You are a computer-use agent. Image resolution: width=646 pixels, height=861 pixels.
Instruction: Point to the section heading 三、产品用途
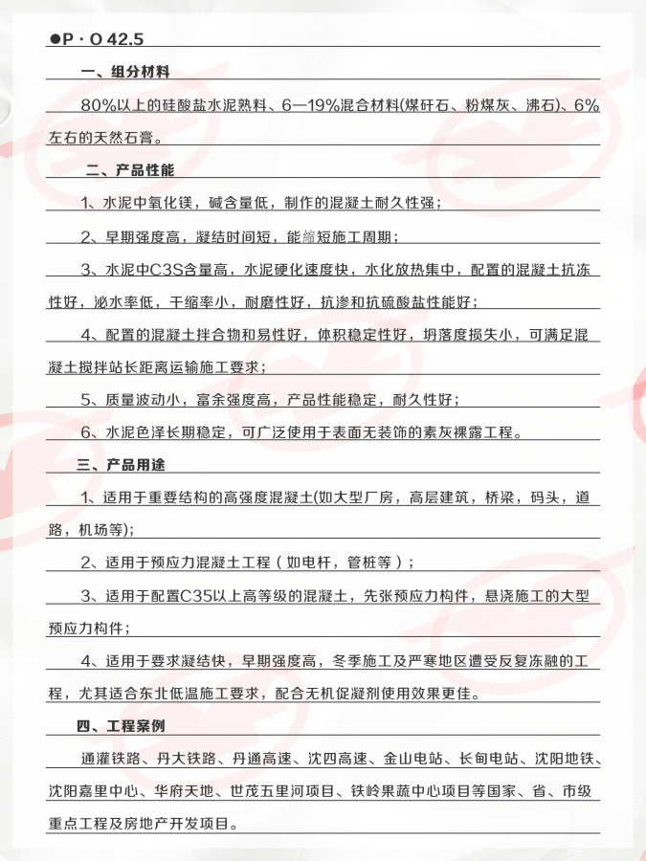[x=122, y=465]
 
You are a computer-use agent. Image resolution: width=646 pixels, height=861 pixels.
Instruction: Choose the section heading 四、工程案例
[x=122, y=726]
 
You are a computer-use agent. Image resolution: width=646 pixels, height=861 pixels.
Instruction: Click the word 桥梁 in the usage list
[x=495, y=497]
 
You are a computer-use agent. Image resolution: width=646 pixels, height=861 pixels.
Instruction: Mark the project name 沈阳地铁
[x=566, y=759]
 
